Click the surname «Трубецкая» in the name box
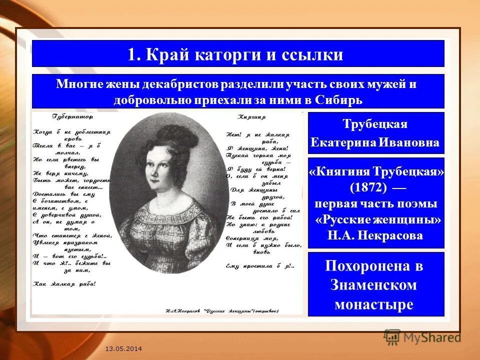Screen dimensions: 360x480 [x=375, y=124]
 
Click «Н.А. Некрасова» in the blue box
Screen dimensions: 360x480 [x=375, y=235]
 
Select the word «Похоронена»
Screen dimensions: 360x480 [x=374, y=266]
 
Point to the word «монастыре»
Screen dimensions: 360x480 [x=374, y=304]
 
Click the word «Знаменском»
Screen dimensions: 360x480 [x=373, y=285]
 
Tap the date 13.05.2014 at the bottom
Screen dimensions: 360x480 [x=123, y=348]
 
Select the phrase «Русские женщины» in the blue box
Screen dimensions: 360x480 [x=378, y=220]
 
